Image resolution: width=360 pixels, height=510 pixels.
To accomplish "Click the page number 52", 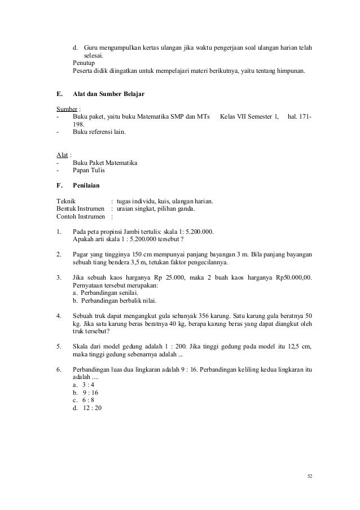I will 309,476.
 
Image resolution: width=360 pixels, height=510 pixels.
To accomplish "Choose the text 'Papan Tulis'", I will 89,170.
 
